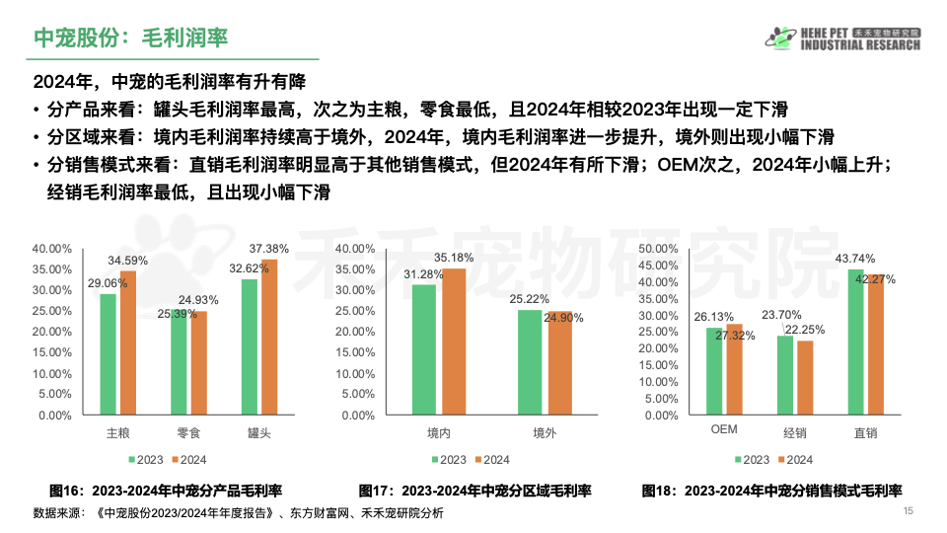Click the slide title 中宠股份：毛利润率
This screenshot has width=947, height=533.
(131, 38)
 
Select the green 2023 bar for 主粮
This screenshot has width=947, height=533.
(108, 353)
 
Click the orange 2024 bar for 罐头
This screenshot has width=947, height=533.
(269, 337)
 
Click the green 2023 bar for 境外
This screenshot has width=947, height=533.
(530, 362)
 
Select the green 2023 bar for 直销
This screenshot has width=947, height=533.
(855, 342)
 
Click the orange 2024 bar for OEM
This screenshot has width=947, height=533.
(734, 369)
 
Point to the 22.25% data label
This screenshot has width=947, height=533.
(805, 329)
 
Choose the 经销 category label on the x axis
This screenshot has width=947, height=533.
(795, 432)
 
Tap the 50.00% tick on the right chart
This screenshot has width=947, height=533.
(659, 249)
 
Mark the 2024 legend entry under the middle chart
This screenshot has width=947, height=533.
(490, 460)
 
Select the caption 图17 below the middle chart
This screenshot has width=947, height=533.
(474, 491)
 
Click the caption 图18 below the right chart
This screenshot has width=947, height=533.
(772, 491)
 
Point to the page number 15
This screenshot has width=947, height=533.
(909, 510)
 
